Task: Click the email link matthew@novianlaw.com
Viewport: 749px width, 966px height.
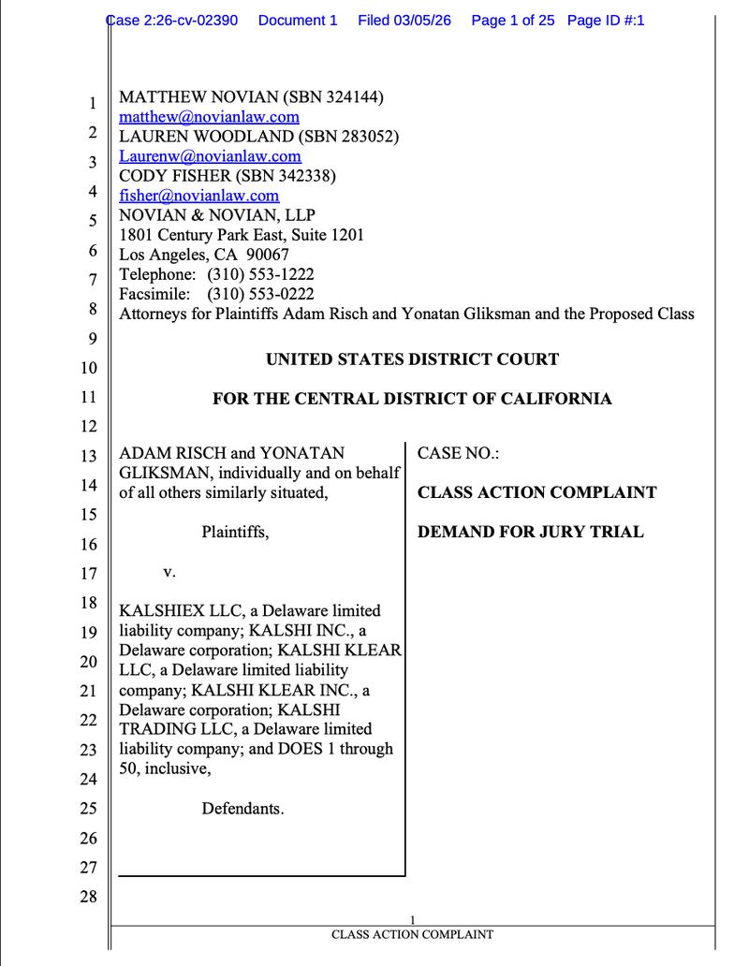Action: [x=209, y=117]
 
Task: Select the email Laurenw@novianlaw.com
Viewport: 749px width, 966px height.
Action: [x=210, y=156]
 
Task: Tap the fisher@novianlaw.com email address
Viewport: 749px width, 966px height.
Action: [x=198, y=196]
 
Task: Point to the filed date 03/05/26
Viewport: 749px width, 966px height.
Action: [x=420, y=20]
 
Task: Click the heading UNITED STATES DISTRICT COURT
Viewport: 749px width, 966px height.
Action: [x=412, y=359]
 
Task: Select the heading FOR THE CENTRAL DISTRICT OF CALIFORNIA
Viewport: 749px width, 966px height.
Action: [x=412, y=399]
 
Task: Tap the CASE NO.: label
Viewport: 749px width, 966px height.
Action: [x=458, y=453]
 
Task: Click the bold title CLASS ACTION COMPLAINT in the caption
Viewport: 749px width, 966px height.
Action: [x=536, y=492]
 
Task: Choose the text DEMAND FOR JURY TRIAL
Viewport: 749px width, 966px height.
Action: [x=530, y=532]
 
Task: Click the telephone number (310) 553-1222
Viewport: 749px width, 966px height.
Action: [x=260, y=274]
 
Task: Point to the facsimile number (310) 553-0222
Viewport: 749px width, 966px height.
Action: [x=260, y=294]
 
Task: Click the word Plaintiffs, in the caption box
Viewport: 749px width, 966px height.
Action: [x=235, y=532]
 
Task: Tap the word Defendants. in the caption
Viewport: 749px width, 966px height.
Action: [x=242, y=807]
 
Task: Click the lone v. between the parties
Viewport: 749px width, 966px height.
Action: [x=169, y=571]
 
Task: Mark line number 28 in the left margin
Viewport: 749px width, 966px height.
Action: [x=87, y=897]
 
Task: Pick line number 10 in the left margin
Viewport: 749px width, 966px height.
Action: [x=87, y=367]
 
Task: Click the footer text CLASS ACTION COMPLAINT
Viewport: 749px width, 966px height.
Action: [x=412, y=934]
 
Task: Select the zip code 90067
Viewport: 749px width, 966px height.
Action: [x=267, y=255]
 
